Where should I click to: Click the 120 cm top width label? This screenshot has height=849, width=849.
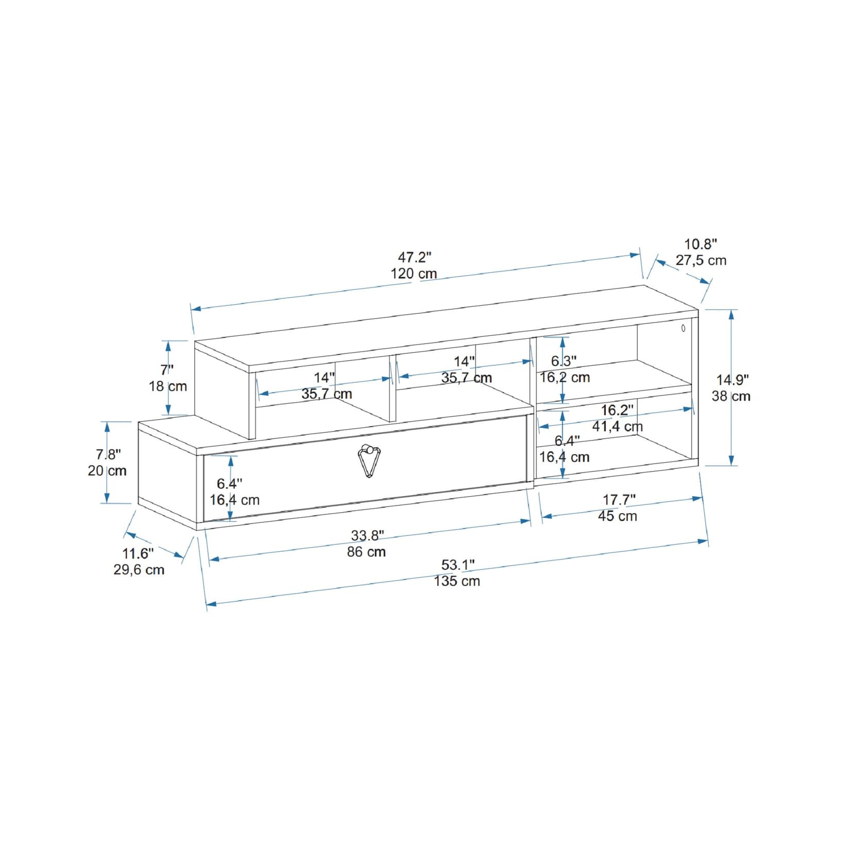(414, 274)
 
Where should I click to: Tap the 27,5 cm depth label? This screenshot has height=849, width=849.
(701, 260)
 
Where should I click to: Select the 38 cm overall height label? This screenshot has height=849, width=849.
(731, 396)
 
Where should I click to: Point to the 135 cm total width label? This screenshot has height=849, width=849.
(456, 581)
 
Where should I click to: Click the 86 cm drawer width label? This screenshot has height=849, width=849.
(366, 552)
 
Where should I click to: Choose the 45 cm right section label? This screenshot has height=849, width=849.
(617, 516)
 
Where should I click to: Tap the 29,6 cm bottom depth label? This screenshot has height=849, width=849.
(139, 570)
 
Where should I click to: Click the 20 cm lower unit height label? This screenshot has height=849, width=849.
(107, 471)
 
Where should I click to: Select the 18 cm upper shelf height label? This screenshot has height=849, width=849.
(168, 386)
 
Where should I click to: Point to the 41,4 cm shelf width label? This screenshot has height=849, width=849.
(617, 427)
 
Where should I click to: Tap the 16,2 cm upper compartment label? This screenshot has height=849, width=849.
(565, 377)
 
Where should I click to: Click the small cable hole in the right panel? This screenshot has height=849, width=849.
(683, 328)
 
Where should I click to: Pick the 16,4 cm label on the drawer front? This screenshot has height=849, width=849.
(234, 500)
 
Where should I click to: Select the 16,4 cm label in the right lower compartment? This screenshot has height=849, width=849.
(564, 457)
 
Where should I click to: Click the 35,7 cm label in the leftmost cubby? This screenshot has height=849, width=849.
(327, 394)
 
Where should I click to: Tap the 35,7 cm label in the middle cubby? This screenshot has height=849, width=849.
(466, 378)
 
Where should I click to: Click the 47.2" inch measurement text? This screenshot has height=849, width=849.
(414, 257)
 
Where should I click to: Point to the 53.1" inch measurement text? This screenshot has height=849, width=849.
(457, 565)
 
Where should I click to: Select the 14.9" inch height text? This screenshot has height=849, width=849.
(732, 380)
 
